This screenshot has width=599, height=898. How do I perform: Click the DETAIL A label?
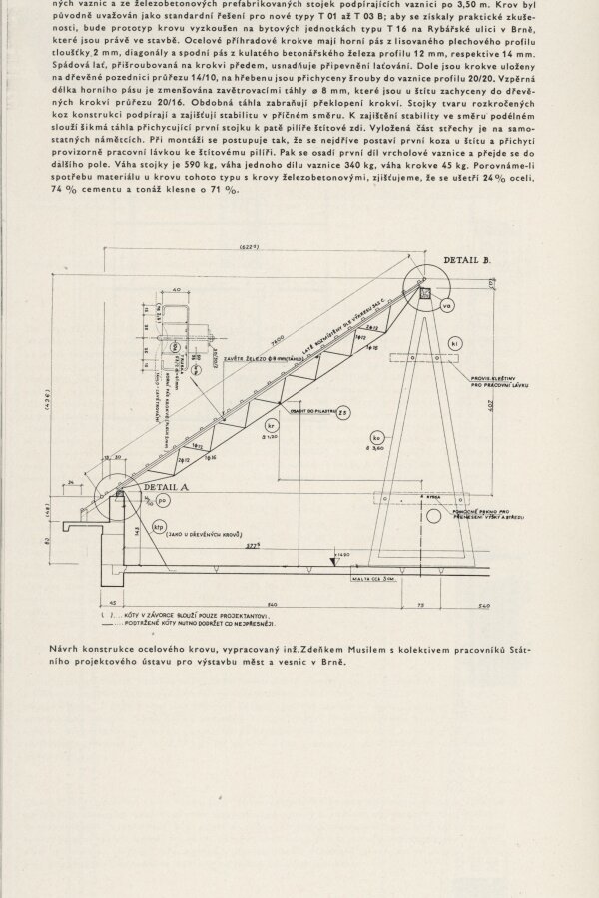click(x=162, y=486)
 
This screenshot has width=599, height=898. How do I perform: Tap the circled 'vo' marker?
click(x=446, y=305)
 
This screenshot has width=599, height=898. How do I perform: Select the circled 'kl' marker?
click(x=454, y=344)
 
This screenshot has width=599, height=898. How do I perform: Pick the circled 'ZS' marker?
click(x=341, y=412)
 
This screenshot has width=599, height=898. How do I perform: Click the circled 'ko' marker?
click(x=377, y=438)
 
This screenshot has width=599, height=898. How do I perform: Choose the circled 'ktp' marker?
click(x=157, y=526)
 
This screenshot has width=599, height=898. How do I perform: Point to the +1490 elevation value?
click(x=344, y=554)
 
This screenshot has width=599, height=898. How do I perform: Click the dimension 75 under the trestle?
click(x=420, y=605)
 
